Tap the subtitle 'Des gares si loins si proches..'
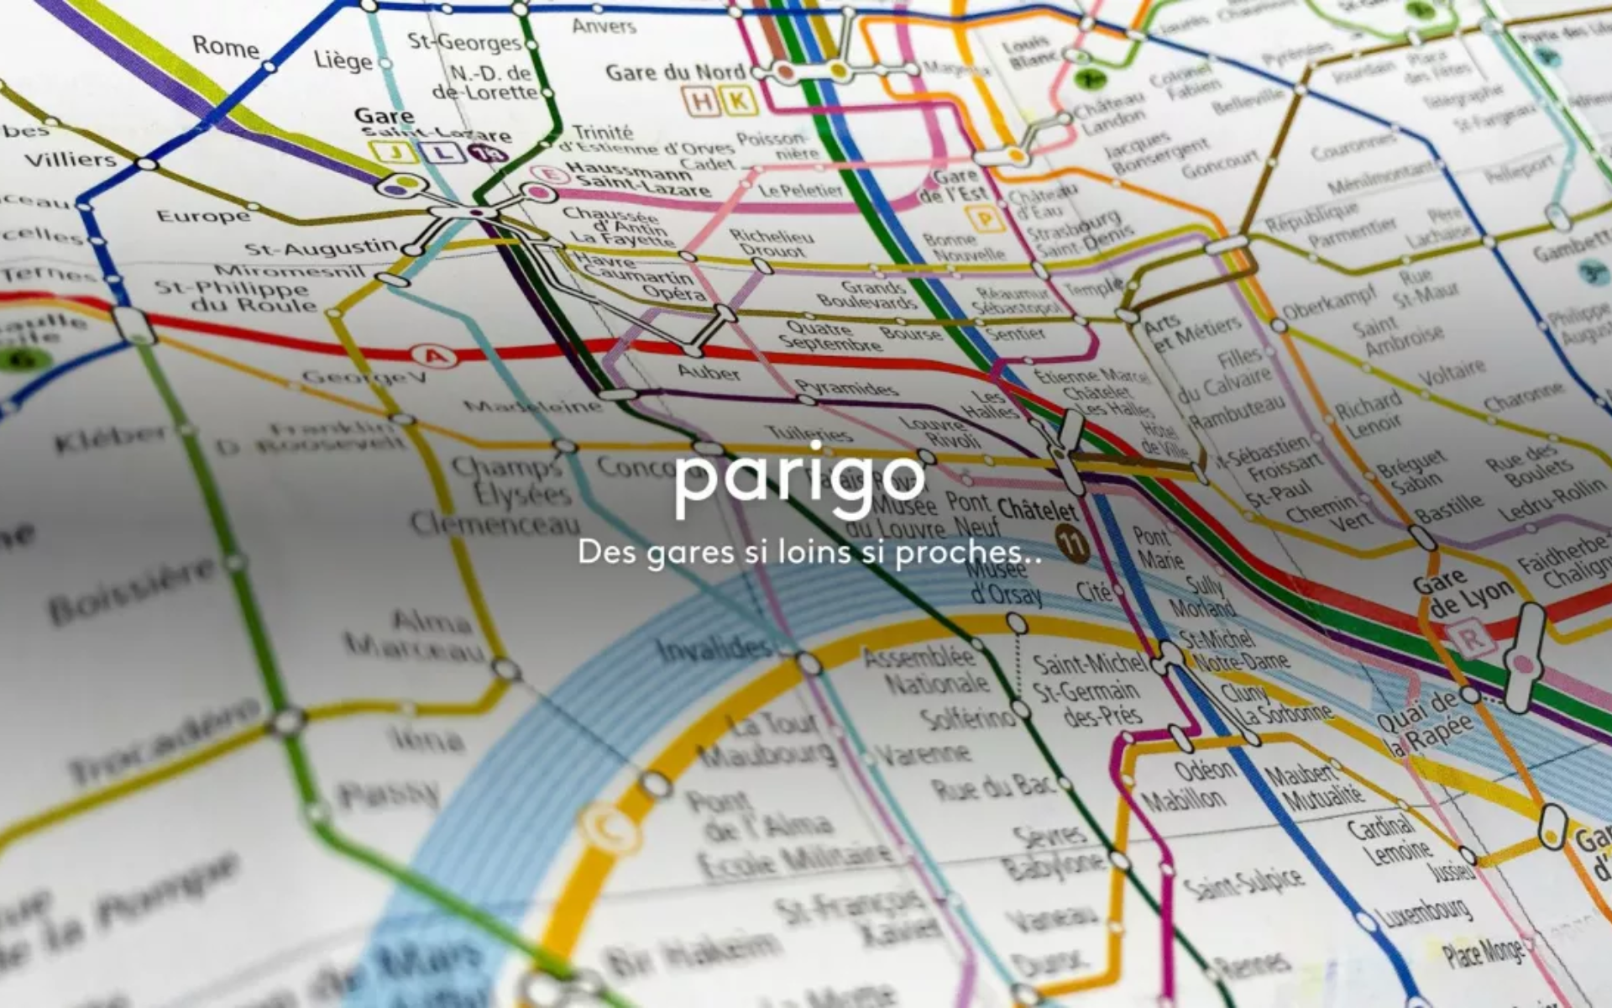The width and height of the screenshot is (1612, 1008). click(x=809, y=553)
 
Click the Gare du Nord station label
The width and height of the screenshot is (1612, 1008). click(x=675, y=72)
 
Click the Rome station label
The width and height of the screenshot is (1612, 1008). click(x=225, y=45)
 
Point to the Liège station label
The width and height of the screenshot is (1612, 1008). click(x=343, y=60)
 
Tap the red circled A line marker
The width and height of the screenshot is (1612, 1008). click(x=436, y=357)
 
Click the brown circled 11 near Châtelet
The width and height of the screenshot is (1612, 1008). click(x=1072, y=543)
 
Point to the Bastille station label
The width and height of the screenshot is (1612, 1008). click(x=1449, y=507)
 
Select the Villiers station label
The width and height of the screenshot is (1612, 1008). click(x=71, y=159)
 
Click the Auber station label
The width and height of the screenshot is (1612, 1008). click(x=708, y=370)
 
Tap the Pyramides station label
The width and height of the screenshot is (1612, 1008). click(x=846, y=387)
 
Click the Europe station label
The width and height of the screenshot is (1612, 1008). click(x=203, y=216)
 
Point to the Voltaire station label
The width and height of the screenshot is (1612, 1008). click(x=1453, y=372)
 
